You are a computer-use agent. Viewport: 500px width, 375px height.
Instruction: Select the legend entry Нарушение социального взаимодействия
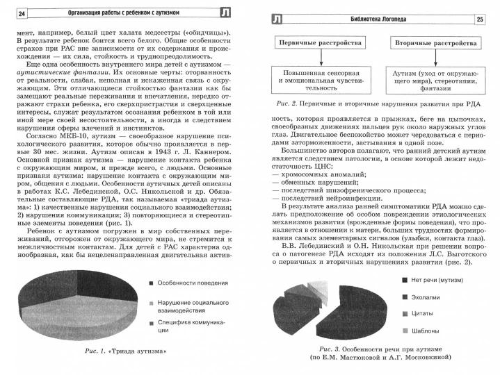point(189,308)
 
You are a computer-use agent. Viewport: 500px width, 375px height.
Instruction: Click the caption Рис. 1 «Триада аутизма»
point(124,351)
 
